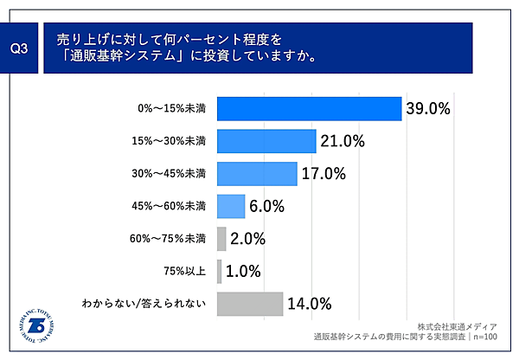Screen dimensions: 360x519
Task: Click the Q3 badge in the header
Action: [19, 49]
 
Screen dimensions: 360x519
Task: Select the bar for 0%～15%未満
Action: [309, 108]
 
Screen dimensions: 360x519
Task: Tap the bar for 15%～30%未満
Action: [266, 141]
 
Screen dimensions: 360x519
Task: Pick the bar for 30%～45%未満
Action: [257, 173]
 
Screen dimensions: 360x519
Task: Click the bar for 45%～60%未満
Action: [232, 206]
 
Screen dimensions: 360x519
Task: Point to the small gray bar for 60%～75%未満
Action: [221, 239]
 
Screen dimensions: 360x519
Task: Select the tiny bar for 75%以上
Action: [220, 271]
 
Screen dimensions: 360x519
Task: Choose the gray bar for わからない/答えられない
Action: [250, 304]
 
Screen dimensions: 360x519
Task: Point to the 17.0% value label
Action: [324, 173]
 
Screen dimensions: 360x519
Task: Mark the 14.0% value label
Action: [311, 304]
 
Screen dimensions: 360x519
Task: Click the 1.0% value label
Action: [243, 271]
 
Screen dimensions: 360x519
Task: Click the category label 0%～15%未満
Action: [172, 109]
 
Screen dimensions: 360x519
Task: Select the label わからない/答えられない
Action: [144, 305]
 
